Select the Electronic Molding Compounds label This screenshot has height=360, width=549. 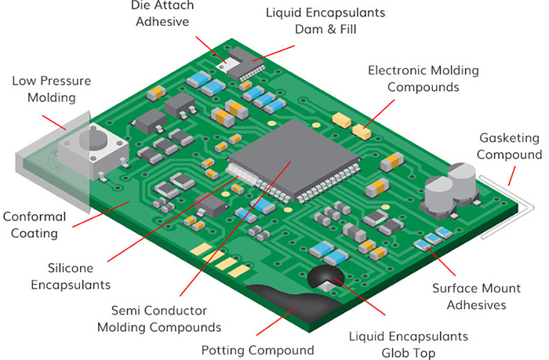click(x=424, y=78)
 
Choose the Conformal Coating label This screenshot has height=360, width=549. click(x=41, y=224)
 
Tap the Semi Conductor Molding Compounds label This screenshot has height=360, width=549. click(x=159, y=318)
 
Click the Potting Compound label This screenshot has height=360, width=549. click(x=258, y=350)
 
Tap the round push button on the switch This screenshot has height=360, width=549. click(x=98, y=141)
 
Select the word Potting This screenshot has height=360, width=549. click(x=225, y=350)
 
